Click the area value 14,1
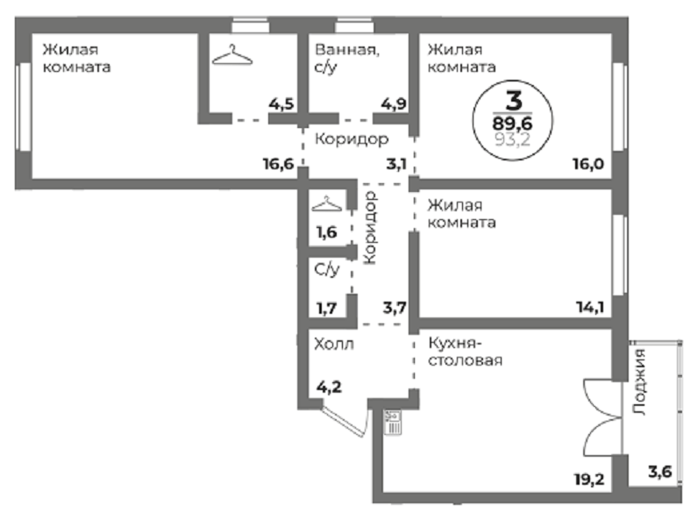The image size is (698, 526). click(589, 307)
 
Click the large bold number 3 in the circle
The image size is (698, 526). click(514, 98)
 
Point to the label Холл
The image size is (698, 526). click(333, 344)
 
